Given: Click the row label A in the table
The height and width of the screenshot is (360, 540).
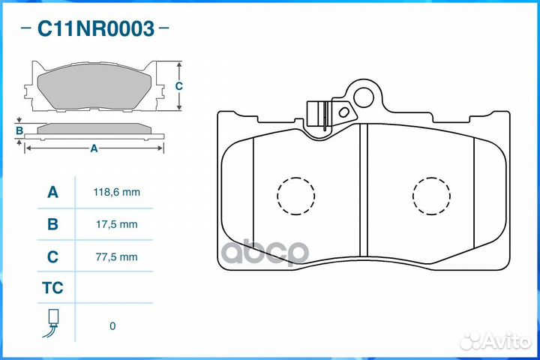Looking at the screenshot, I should [52, 192].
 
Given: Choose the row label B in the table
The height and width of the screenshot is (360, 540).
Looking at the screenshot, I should [52, 224].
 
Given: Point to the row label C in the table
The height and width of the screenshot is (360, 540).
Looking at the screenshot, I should [52, 256].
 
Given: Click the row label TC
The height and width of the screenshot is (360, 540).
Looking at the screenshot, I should [52, 288].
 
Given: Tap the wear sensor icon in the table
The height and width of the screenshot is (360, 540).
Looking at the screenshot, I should [52, 323].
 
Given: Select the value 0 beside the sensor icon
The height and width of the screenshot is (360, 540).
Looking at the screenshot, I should [112, 326].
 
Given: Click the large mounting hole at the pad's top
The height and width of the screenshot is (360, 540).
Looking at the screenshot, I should [365, 97].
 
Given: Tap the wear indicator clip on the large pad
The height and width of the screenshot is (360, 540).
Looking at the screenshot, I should [319, 116].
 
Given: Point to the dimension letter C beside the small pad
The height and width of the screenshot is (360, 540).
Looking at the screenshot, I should [178, 86].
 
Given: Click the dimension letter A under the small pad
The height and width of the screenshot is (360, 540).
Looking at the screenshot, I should [94, 148].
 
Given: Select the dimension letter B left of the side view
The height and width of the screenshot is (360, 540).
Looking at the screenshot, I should [19, 131].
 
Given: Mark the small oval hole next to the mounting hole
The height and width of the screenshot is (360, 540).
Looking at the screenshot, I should [344, 112].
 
